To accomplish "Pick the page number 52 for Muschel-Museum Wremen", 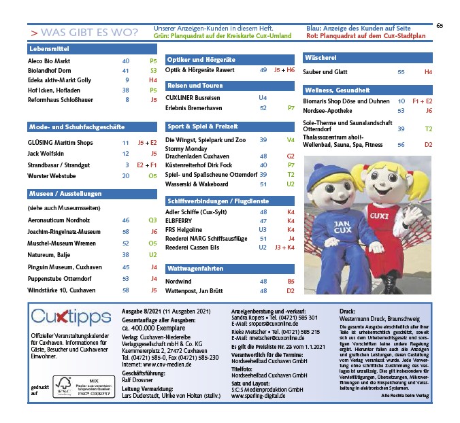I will click(126, 242).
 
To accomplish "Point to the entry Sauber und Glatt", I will click(325, 71).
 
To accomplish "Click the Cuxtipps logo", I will click(71, 318).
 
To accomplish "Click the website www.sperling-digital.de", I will click(258, 395).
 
